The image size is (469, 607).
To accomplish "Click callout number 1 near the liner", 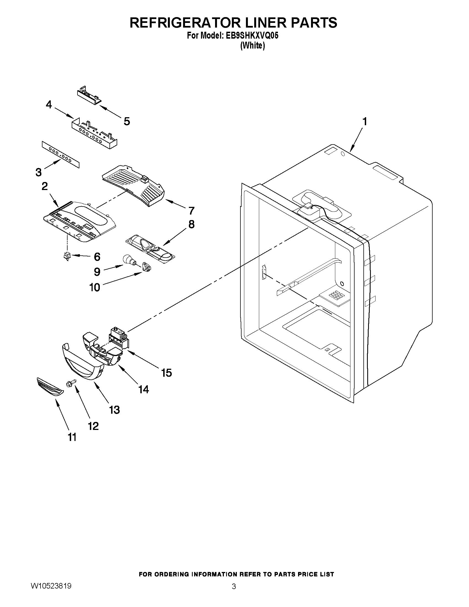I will click(365, 121).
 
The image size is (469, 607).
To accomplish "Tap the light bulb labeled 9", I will click(128, 260).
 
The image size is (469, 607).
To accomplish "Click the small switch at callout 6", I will click(67, 255).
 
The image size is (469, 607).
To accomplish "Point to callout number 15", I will click(167, 373).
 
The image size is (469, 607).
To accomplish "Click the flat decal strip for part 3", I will click(61, 154).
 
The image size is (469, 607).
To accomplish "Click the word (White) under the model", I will click(252, 45).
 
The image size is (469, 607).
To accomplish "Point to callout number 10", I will click(95, 287).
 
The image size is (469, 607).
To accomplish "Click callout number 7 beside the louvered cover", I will click(191, 211).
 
